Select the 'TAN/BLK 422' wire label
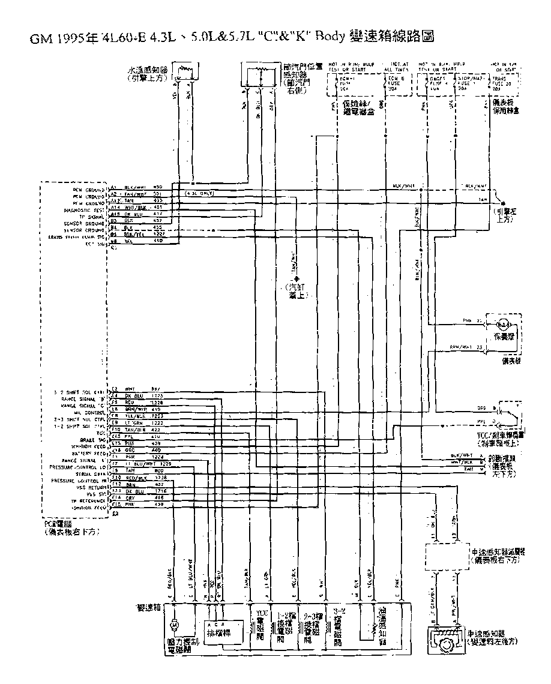tap(139, 430)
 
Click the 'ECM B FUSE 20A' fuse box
tap(397, 83)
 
